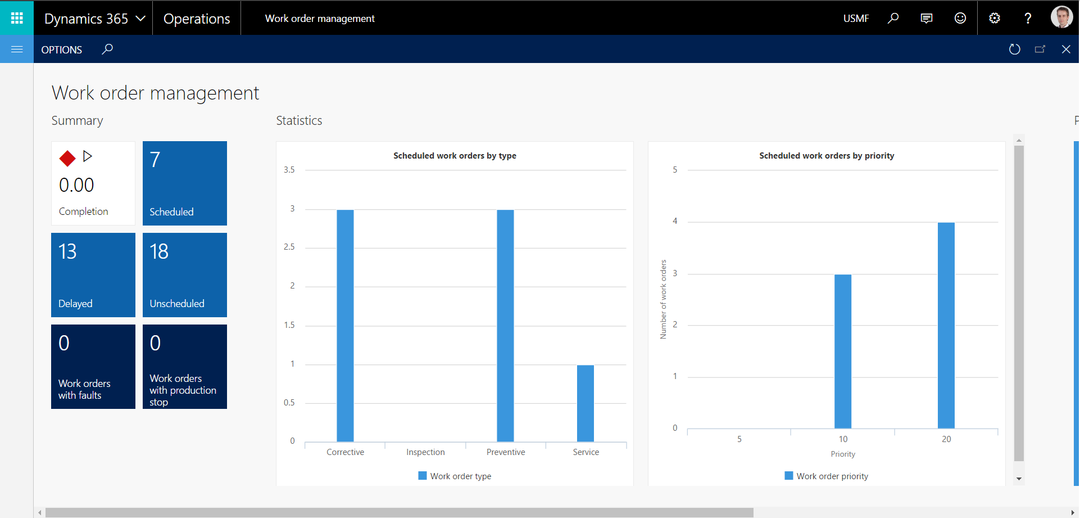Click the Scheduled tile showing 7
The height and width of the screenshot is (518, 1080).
[184, 183]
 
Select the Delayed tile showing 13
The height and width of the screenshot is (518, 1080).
[93, 275]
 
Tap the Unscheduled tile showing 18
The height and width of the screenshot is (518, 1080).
[184, 275]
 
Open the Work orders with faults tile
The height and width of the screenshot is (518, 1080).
[93, 367]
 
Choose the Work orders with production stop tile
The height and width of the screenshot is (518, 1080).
[184, 367]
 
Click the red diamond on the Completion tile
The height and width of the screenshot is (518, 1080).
[67, 159]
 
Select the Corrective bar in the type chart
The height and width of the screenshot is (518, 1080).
[345, 326]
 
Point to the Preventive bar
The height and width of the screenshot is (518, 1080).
[505, 326]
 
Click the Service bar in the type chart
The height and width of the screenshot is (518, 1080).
[586, 403]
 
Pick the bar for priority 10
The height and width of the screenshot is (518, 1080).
[843, 352]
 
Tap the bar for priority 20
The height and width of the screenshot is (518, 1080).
[946, 326]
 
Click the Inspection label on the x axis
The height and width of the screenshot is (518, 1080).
[425, 452]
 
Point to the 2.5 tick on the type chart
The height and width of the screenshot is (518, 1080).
[289, 247]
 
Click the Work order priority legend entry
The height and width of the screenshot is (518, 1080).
[827, 476]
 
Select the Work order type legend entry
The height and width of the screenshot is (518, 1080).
[455, 476]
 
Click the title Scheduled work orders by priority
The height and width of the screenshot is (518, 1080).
[827, 156]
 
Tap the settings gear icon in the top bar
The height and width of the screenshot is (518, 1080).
[995, 18]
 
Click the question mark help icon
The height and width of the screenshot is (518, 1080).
[1028, 18]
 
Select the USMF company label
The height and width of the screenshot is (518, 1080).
[856, 19]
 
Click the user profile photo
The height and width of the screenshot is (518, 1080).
[1061, 17]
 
